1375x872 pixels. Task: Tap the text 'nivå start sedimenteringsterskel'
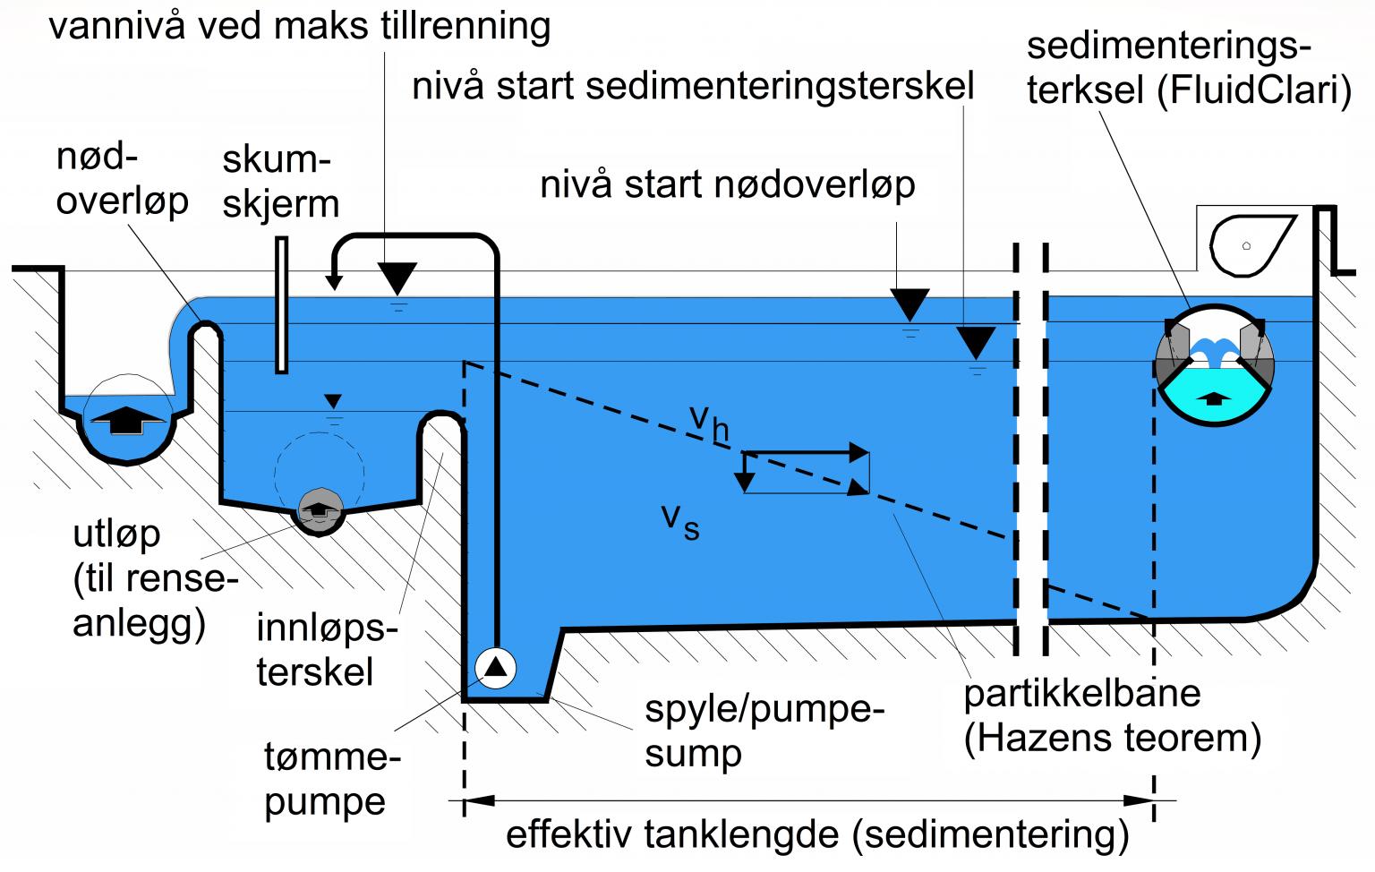tap(692, 87)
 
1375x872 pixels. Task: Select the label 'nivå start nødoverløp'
tap(727, 184)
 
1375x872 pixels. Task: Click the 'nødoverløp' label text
tap(122, 179)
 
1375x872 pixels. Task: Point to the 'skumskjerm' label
tap(280, 182)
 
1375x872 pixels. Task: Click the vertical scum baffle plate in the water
tap(281, 304)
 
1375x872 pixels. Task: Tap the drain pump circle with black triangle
tap(495, 667)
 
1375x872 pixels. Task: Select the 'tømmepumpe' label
tap(330, 779)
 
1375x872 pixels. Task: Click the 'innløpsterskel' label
tap(326, 650)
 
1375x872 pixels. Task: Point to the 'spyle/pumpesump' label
tap(764, 731)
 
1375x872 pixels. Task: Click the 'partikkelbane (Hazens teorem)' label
tap(1111, 715)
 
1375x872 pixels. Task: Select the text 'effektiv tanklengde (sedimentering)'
tap(816, 834)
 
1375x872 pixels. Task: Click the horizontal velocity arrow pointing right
tap(806, 453)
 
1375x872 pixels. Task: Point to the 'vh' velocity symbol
tap(708, 422)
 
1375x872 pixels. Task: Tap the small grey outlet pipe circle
tap(320, 511)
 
